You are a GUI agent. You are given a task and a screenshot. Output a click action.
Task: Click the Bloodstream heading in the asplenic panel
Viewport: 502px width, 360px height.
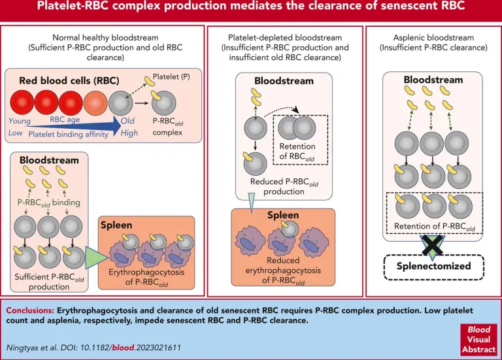(433, 80)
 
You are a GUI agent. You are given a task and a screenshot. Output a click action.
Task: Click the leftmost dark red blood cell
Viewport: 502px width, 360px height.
(22, 103)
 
